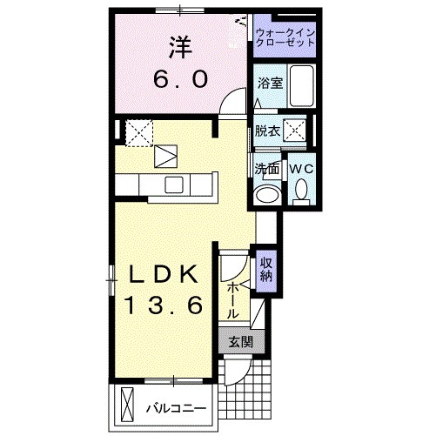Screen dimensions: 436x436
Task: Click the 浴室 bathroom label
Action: pos(270,84)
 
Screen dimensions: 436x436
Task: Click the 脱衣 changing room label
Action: pos(266,131)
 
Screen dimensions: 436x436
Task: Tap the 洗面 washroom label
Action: pos(266,169)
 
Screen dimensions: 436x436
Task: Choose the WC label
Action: pos(302,168)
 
